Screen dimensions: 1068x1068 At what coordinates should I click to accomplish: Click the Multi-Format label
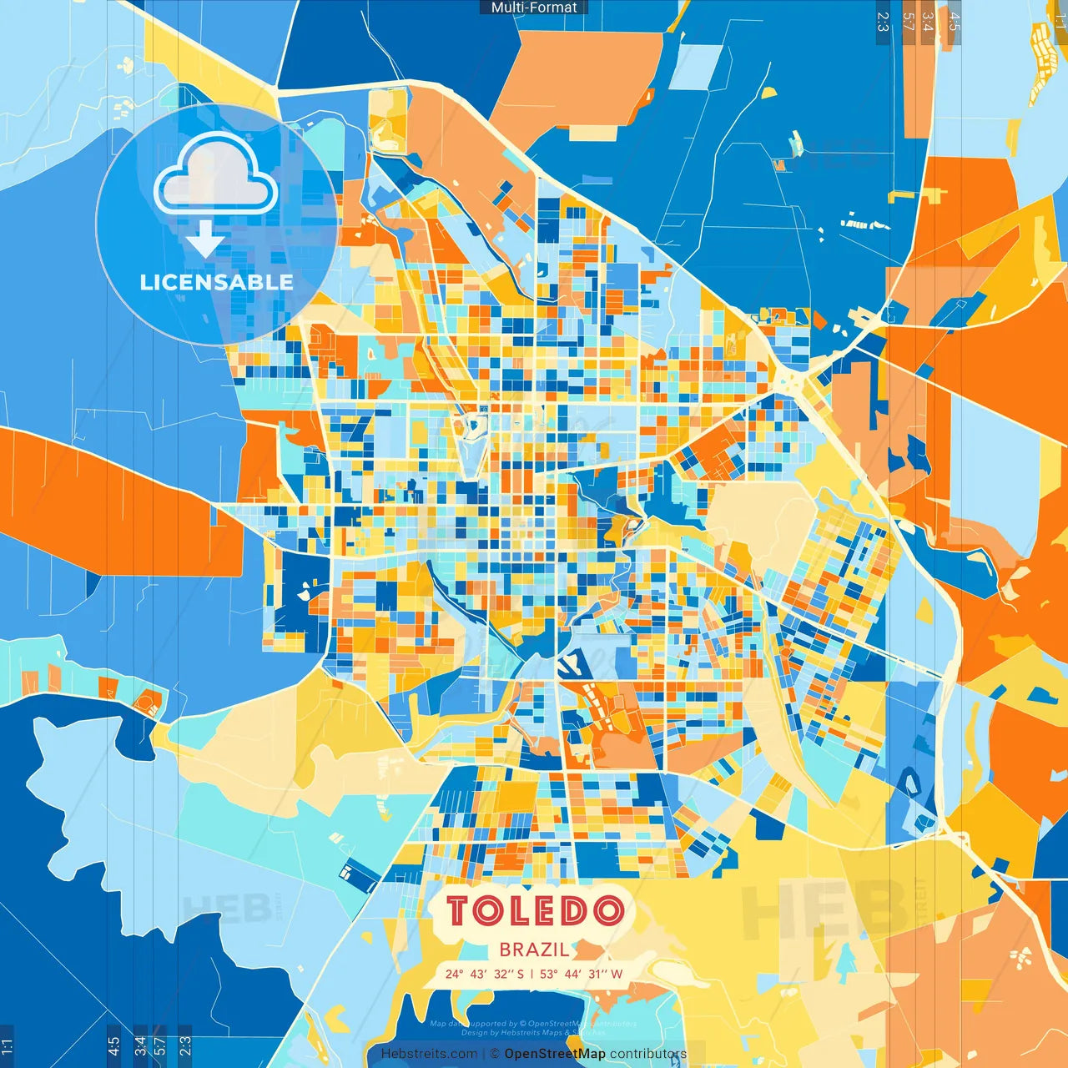coord(534,8)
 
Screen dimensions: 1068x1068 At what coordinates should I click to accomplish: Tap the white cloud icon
coord(215,175)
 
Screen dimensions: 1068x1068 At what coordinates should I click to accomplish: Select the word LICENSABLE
coord(216,282)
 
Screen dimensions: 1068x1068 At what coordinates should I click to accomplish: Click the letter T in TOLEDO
coord(460,910)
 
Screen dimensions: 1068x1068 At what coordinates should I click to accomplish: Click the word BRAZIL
coord(535,949)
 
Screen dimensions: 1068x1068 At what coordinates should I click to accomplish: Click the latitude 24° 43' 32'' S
coord(485,974)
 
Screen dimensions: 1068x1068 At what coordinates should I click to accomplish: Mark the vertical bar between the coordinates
coord(532,974)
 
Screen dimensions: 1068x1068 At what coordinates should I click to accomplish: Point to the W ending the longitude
coord(617,974)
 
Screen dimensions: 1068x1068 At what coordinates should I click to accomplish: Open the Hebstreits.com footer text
coord(429,1054)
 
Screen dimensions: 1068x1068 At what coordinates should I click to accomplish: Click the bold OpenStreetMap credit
coord(555,1054)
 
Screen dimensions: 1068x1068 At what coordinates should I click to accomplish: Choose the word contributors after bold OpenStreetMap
coord(648,1054)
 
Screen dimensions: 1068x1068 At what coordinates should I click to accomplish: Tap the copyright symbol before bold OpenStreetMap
coord(495,1054)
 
